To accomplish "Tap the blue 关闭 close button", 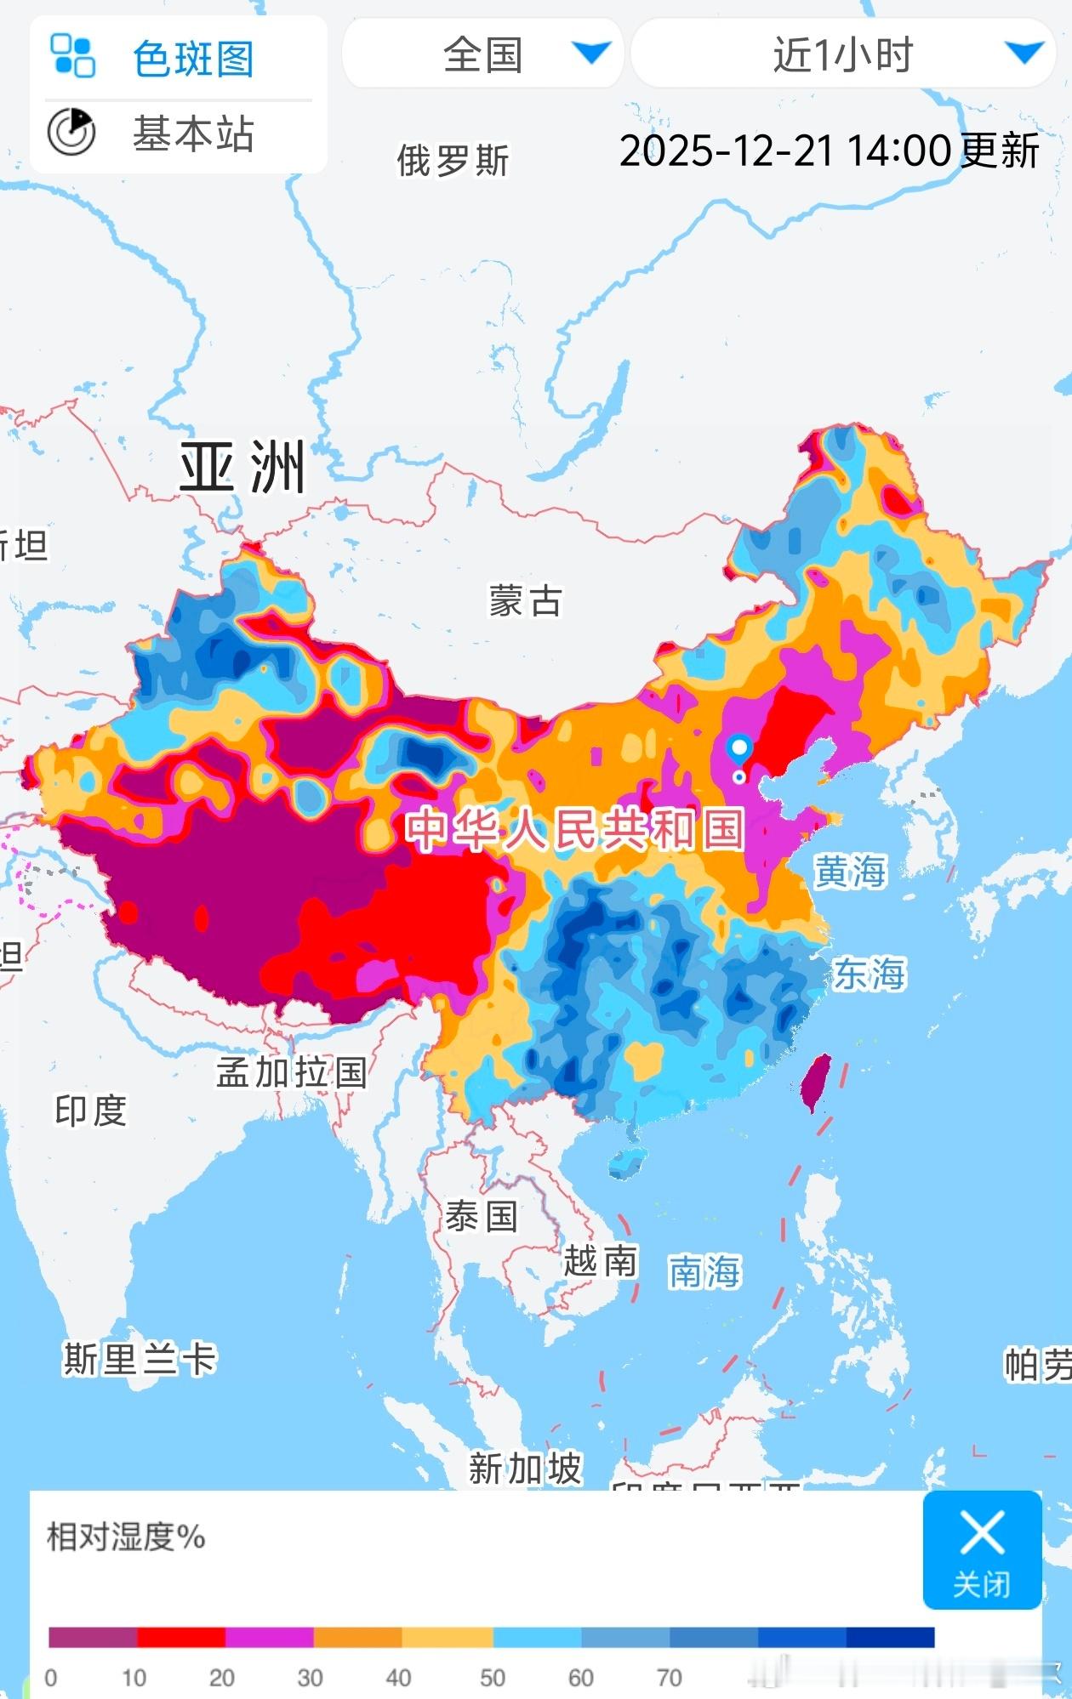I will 982,1549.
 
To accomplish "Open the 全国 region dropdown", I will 482,54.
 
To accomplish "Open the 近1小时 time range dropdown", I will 843,54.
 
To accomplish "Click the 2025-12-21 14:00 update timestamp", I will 829,151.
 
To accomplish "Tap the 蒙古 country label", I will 525,600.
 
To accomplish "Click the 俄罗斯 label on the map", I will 453,161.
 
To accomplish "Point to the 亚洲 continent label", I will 242,467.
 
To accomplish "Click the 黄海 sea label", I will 849,872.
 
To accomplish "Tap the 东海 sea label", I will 869,974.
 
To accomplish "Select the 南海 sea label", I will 704,1272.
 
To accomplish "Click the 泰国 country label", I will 481,1216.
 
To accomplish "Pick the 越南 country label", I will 600,1260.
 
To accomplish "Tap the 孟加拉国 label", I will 291,1072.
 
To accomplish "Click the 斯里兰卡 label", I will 140,1359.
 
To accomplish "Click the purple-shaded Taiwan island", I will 817,1082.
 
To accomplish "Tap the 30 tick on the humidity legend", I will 310,1678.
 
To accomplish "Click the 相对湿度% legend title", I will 126,1537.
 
